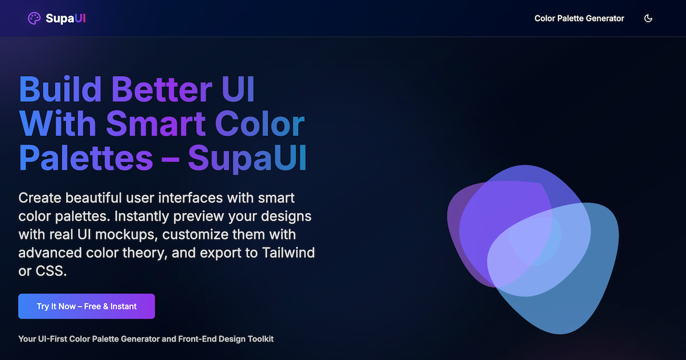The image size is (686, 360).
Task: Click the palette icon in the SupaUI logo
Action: click(34, 19)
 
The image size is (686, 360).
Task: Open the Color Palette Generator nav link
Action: click(579, 18)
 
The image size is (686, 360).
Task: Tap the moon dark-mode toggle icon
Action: click(648, 18)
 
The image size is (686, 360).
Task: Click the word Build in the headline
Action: click(61, 89)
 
